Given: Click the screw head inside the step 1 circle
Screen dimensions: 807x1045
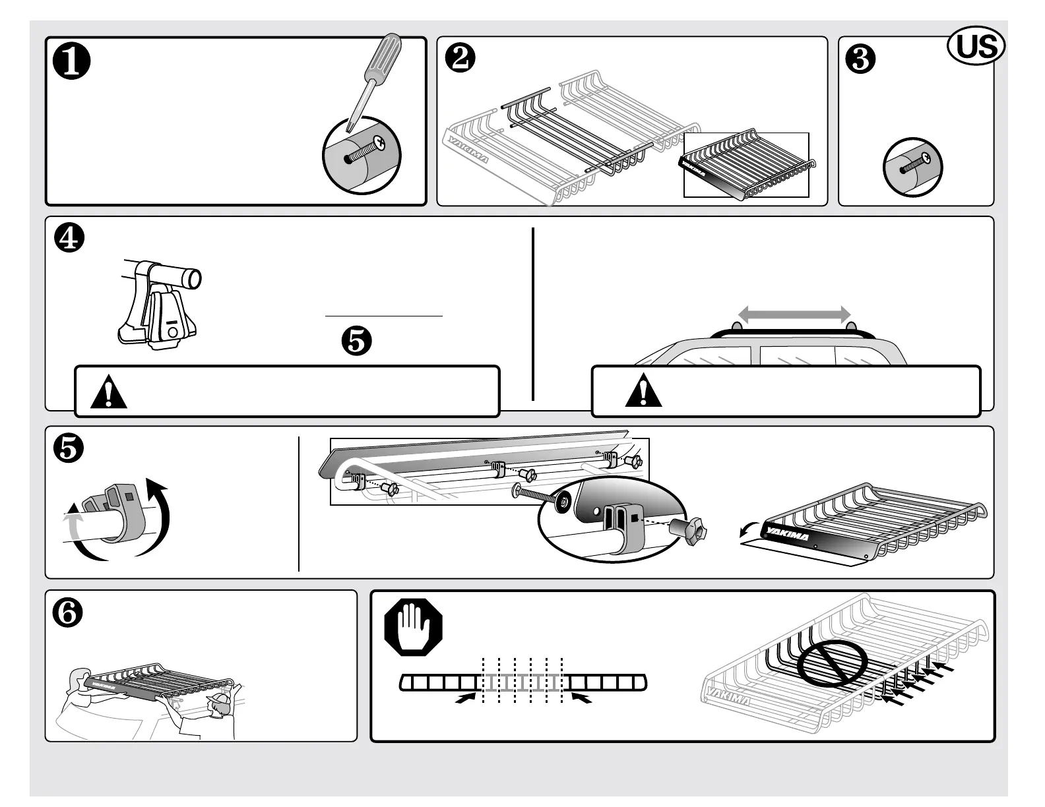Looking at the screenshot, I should click(x=380, y=142).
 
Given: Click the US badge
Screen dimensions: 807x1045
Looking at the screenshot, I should click(x=976, y=47).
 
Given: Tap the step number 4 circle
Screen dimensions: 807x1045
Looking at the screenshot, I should click(x=70, y=239).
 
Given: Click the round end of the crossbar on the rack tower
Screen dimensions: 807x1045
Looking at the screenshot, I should click(x=192, y=278).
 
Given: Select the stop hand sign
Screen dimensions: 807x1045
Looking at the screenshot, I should click(x=413, y=624).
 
